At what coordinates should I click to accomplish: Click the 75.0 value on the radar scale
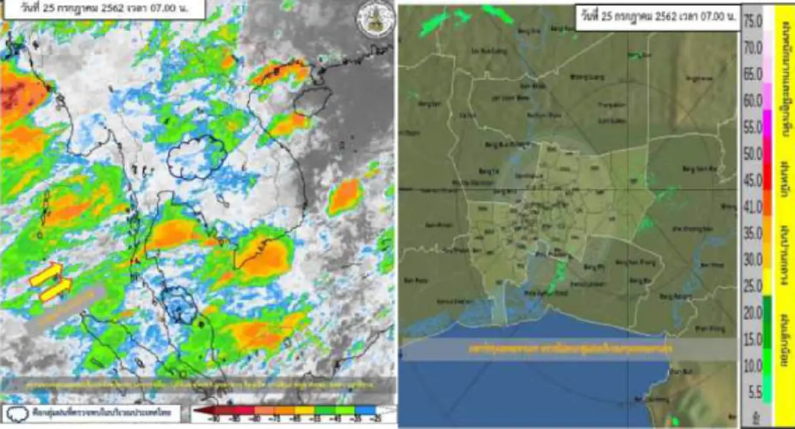753,21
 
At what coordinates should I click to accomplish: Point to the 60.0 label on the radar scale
753,99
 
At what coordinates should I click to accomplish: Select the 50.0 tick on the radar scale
753,153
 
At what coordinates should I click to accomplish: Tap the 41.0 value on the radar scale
753,206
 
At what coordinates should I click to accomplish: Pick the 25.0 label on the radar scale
753,285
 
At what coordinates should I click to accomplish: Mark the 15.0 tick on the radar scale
753,339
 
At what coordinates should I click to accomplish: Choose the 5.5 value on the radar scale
753,392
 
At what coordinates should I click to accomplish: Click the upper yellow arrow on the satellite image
46,274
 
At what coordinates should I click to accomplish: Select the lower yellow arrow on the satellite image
56,290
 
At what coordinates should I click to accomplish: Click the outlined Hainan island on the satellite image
312,101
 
